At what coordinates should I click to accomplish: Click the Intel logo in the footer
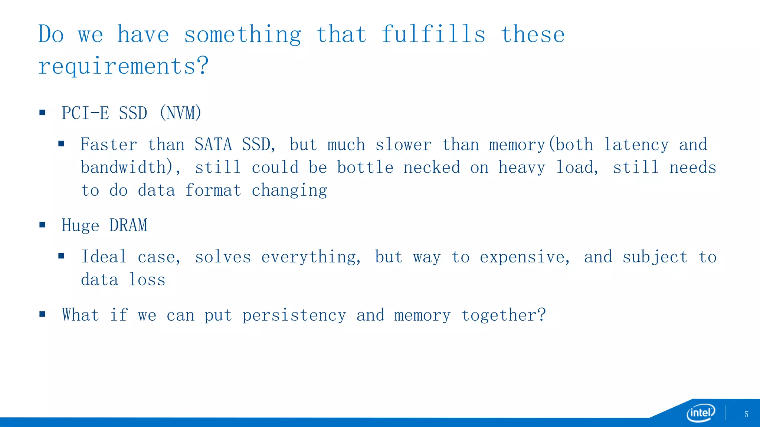(701, 413)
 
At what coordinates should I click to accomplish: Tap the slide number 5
(746, 414)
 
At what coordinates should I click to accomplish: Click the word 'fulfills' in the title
(433, 34)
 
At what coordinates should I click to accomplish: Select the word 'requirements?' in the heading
(124, 66)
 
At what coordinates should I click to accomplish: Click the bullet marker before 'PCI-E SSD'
(42, 112)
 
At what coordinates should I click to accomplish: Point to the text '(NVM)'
(180, 113)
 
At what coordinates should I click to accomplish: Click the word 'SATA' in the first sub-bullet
(213, 145)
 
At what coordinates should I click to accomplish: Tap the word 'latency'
(636, 145)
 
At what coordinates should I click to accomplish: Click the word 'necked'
(432, 168)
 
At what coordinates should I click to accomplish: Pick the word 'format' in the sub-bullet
(213, 191)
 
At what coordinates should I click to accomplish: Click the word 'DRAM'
(128, 225)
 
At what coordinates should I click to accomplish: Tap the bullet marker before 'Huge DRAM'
(42, 225)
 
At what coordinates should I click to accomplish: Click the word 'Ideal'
(104, 257)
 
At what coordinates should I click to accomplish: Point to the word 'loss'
(147, 280)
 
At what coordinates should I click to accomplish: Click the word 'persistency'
(294, 315)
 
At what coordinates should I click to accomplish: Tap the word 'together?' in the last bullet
(504, 315)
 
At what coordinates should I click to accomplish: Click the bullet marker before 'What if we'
(42, 314)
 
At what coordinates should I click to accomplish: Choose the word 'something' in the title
(243, 34)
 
